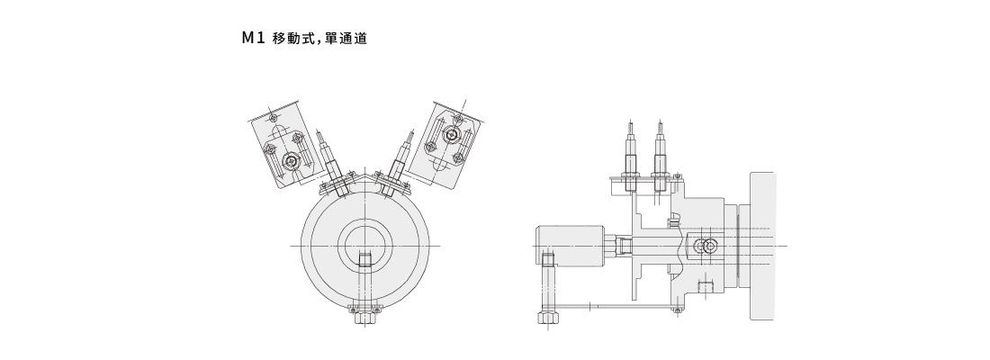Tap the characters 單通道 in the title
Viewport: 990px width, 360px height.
[346, 39]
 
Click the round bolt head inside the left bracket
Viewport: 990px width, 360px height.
[291, 162]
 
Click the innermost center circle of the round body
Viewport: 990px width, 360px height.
[364, 245]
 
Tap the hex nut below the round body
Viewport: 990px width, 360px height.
[364, 316]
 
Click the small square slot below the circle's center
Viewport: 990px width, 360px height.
[364, 261]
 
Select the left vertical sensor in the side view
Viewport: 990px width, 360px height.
[631, 157]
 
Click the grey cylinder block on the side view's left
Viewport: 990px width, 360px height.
[570, 244]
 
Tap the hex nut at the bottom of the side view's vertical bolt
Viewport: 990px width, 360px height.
[547, 317]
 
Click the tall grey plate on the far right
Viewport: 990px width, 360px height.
[761, 245]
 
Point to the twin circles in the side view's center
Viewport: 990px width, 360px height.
[706, 245]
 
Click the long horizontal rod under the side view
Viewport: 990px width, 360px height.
[621, 308]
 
